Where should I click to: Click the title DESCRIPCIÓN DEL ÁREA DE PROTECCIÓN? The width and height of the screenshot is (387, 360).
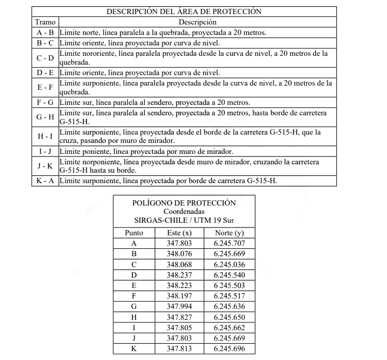click(184, 11)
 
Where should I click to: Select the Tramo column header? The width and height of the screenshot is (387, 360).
click(45, 22)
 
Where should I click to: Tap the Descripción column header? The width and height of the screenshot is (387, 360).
click(197, 22)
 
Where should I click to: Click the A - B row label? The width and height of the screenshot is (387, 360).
click(45, 32)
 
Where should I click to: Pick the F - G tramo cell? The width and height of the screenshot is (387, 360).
click(45, 102)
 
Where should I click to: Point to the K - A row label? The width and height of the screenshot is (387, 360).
click(45, 181)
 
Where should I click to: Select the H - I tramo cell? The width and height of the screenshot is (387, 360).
click(45, 136)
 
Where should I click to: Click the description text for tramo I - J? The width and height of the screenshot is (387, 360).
click(146, 151)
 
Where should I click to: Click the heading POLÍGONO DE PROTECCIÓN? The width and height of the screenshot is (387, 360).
click(184, 203)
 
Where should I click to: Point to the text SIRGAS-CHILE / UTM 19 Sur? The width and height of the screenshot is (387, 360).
click(184, 220)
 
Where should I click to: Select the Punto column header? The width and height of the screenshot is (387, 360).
click(134, 233)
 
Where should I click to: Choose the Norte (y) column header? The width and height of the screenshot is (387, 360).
click(229, 233)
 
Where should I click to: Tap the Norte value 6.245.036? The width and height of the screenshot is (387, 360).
click(229, 264)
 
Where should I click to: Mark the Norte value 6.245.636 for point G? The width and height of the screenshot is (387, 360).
click(229, 306)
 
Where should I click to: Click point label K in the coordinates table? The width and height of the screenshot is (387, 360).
click(134, 349)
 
